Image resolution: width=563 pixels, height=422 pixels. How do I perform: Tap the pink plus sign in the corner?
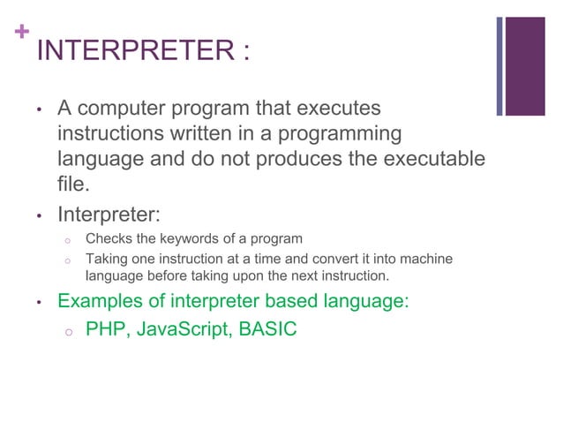click(19, 33)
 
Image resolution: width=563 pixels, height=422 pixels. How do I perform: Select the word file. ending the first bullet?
click(74, 186)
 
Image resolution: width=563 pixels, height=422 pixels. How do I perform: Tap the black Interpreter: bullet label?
click(108, 215)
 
